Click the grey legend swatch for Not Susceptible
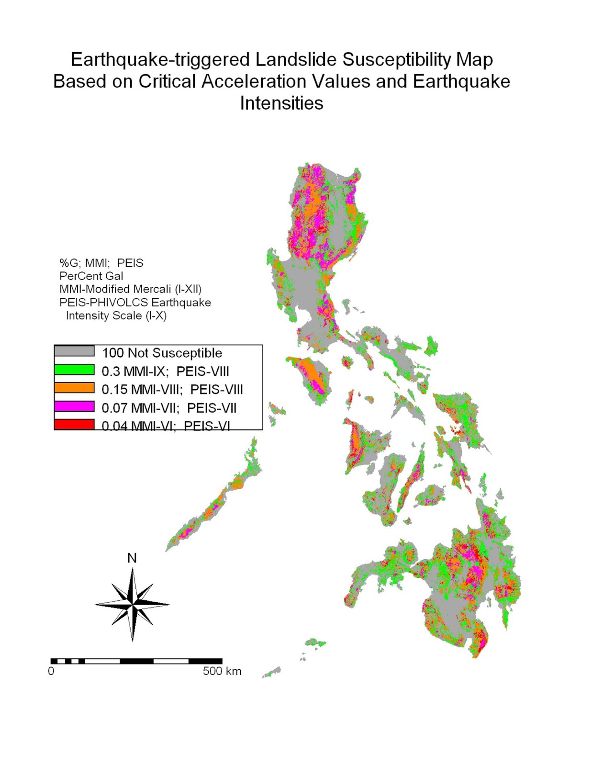tap(74, 351)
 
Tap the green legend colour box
tap(74, 370)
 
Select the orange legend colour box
tap(74, 388)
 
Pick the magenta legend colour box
tap(74, 406)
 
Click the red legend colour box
tap(74, 424)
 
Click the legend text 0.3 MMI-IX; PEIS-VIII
tap(165, 371)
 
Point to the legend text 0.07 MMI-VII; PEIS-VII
tap(169, 408)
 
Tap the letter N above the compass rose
tap(132, 558)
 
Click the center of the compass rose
tap(133, 604)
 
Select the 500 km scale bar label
tap(222, 671)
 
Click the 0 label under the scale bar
tap(51, 671)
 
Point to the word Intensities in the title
tap(281, 103)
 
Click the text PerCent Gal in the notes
tap(91, 276)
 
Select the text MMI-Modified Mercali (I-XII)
tap(130, 289)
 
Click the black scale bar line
tap(136, 661)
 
